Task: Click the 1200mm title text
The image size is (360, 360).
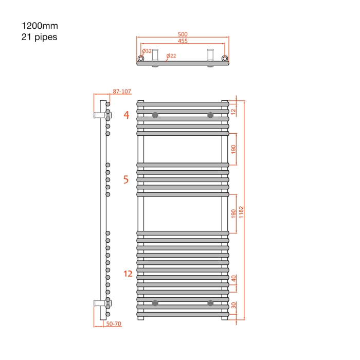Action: (x=40, y=26)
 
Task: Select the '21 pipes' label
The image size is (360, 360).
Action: (x=39, y=37)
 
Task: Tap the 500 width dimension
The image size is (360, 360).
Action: (x=183, y=34)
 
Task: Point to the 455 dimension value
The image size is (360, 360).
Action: (x=183, y=41)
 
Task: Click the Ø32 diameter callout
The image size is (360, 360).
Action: (x=147, y=51)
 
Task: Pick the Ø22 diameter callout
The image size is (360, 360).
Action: (x=171, y=56)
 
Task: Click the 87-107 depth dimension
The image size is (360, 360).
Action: (x=122, y=92)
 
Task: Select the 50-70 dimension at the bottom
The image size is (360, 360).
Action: (x=114, y=323)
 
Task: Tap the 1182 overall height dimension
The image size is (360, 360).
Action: (x=241, y=212)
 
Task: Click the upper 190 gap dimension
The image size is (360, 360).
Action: (x=233, y=150)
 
